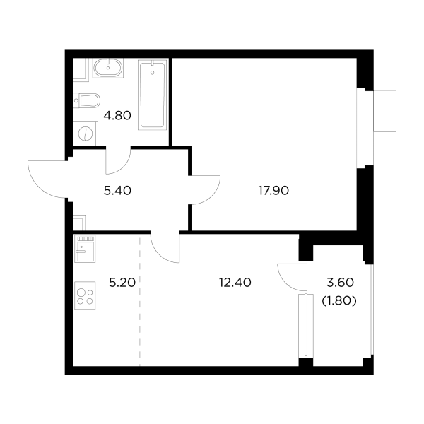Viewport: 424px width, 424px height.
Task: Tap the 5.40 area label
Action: (x=119, y=189)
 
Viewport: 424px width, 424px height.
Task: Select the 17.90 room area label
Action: (x=273, y=189)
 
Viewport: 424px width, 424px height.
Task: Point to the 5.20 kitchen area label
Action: (x=122, y=283)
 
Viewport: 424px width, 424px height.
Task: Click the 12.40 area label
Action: (x=235, y=283)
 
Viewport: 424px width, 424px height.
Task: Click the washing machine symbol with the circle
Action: (x=84, y=132)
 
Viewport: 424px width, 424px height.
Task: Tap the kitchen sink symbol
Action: (x=84, y=249)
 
